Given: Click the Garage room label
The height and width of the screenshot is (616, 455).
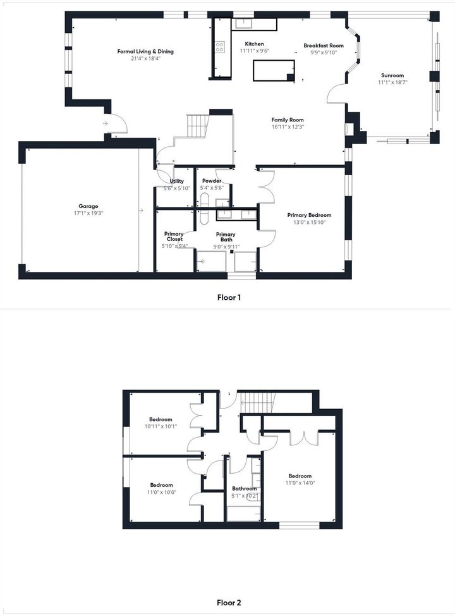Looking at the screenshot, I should tap(88, 206).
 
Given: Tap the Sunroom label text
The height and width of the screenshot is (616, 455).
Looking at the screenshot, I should tap(392, 75).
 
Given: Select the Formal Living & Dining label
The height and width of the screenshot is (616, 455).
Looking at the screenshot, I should tap(145, 52).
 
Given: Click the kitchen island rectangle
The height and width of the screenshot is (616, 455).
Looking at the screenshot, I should tap(274, 70).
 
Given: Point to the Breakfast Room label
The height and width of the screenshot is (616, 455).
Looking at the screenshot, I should tap(324, 46).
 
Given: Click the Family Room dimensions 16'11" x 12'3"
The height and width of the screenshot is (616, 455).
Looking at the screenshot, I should tap(288, 127).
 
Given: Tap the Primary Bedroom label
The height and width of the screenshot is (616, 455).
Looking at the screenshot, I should tap(309, 215).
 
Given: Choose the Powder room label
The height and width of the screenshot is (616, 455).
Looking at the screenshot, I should tap(211, 181).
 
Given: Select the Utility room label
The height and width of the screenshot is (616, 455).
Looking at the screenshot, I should tap(176, 182).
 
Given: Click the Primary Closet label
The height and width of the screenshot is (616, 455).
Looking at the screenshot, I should tap(174, 237).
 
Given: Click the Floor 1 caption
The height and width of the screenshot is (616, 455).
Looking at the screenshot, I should tap(228, 297).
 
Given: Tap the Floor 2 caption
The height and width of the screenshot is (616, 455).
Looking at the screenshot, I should tap(228, 603).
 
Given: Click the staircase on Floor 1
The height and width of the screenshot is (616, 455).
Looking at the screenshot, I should tap(197, 126).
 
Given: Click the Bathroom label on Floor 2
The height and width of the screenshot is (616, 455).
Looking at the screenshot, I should tap(244, 489).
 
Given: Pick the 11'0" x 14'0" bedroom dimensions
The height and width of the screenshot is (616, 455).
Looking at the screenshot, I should tap(300, 483).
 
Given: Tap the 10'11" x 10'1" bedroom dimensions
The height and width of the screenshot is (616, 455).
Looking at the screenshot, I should tap(161, 426).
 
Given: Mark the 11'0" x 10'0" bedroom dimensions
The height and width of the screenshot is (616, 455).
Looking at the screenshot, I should tap(161, 492).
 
